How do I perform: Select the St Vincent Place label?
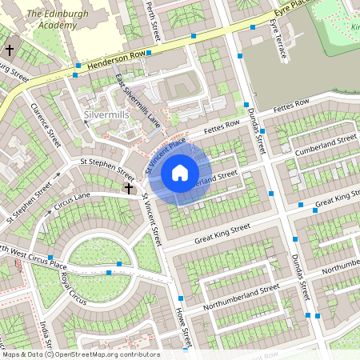click(x=164, y=154)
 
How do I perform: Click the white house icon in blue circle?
click(x=180, y=172)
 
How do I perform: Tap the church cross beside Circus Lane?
click(x=129, y=189)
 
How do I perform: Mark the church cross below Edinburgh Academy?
click(x=10, y=50)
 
